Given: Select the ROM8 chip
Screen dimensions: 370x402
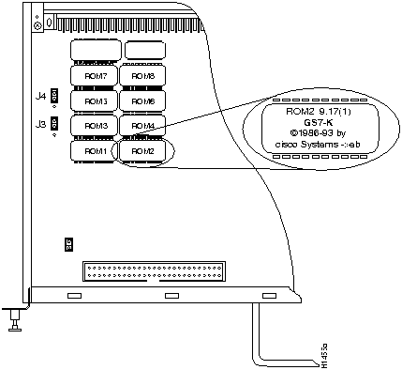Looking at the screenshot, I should pyautogui.click(x=142, y=74).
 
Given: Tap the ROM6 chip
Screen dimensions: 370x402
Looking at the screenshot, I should pyautogui.click(x=142, y=100).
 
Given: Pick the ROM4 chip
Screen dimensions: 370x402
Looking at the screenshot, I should pyautogui.click(x=142, y=125).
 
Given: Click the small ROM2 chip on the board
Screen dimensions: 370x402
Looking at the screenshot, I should pyautogui.click(x=142, y=150).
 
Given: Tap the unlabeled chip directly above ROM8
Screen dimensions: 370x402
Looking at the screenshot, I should pyautogui.click(x=142, y=49).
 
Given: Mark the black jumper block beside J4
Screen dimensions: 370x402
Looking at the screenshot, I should pyautogui.click(x=54, y=96).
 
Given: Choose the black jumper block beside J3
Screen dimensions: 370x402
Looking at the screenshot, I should pyautogui.click(x=54, y=122).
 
